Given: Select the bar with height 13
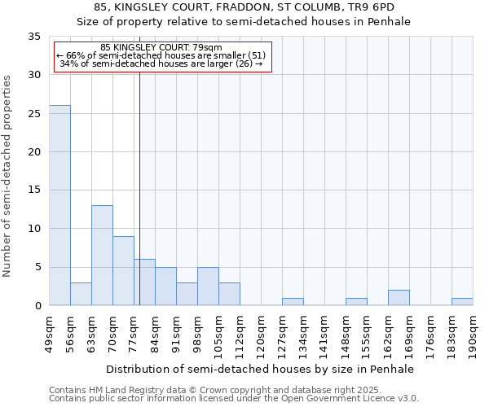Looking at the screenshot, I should [x=102, y=255].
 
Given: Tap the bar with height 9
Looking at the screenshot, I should [x=123, y=270].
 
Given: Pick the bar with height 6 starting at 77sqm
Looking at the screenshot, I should [x=144, y=282].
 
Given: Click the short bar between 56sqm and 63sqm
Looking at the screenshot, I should [x=81, y=294].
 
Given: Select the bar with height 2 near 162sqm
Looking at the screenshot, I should [x=399, y=297].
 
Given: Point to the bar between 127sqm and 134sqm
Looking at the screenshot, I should [x=293, y=301].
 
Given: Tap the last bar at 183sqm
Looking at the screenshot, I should [x=462, y=301].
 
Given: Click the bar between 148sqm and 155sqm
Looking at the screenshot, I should [x=356, y=301].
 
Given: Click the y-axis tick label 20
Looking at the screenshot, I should [x=34, y=152].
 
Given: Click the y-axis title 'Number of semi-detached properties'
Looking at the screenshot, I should [x=8, y=176].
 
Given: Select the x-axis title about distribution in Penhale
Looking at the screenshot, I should [x=261, y=369].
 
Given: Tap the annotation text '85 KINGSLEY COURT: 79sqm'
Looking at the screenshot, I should [x=162, y=47].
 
